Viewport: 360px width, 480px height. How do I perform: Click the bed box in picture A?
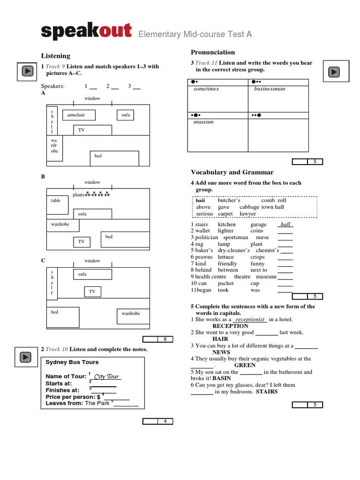(114, 158)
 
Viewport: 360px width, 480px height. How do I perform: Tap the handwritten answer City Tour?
(106, 376)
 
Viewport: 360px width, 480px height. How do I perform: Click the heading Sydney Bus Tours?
(72, 362)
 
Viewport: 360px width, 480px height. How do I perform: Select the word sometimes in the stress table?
(206, 89)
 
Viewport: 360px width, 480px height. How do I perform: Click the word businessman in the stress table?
(270, 89)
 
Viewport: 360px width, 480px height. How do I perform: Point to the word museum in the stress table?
(203, 122)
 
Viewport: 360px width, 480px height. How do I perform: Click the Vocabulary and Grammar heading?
(232, 172)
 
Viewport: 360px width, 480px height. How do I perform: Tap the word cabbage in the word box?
(249, 207)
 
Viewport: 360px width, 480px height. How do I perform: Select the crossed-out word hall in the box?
(200, 200)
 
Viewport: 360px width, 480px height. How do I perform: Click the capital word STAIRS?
(267, 391)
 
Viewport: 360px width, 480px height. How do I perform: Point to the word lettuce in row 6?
(226, 257)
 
